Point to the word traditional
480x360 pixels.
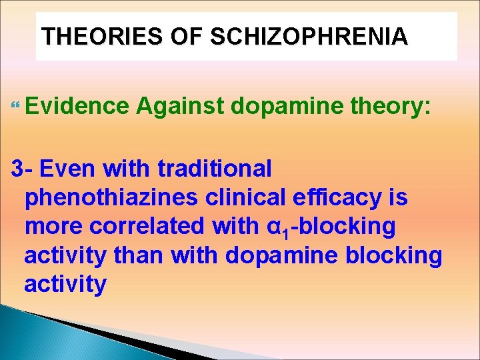pyautogui.click(x=215, y=169)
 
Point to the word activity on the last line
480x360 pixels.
pyautogui.click(x=65, y=285)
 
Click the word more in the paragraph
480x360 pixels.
pyautogui.click(x=53, y=227)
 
